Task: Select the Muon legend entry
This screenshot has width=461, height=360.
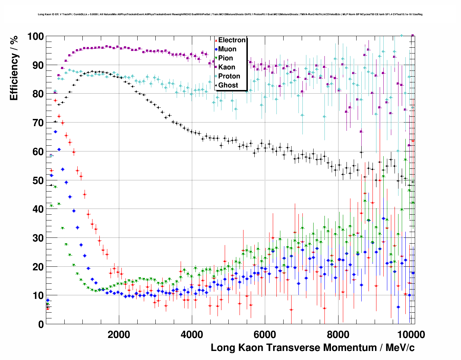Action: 227,49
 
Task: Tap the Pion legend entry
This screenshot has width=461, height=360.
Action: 225,58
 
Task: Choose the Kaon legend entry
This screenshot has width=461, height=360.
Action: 227,67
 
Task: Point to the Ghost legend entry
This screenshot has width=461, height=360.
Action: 228,85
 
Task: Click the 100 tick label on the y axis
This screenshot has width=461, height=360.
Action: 35,37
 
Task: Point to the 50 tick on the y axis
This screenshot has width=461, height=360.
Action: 38,180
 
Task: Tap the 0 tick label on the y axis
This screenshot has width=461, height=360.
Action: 41,324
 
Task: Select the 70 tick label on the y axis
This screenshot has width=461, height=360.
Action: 38,123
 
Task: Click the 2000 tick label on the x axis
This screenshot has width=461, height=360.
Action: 119,335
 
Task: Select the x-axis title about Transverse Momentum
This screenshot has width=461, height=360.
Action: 313,348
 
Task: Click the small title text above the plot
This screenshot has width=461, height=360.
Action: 230,14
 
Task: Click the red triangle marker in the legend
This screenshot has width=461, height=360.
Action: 216,40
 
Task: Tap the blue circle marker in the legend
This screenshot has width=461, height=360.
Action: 216,49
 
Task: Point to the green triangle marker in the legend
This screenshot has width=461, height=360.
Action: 216,58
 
